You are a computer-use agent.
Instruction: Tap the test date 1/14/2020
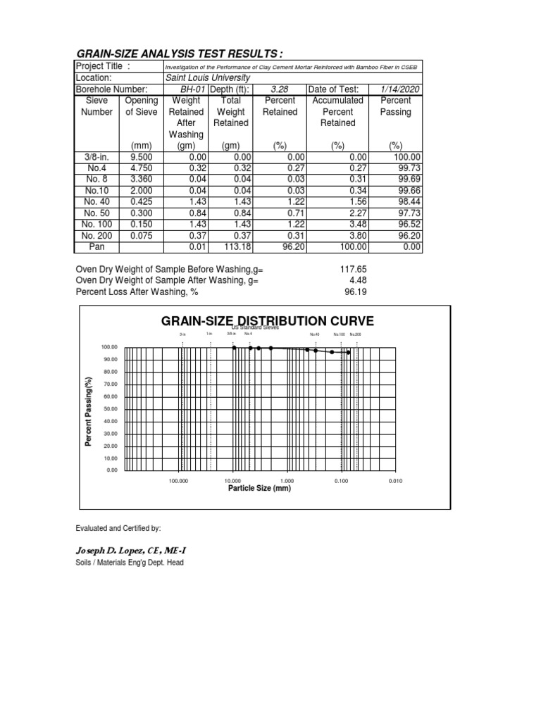coord(400,89)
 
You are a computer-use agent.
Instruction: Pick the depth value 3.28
coord(280,89)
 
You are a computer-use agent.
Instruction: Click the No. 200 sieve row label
coord(97,236)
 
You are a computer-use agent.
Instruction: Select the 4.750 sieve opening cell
coord(141,168)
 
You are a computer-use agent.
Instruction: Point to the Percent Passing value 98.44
coord(407,202)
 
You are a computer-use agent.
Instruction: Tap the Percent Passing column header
coord(400,106)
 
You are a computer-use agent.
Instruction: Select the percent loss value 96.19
coord(355,291)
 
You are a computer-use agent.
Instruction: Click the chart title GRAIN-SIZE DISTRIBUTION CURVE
coord(268,322)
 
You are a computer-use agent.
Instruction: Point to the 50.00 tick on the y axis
coord(110,409)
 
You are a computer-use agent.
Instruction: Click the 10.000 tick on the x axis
coord(233,481)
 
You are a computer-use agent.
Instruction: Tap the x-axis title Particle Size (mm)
coord(259,488)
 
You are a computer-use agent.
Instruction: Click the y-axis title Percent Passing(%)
coord(89,411)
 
